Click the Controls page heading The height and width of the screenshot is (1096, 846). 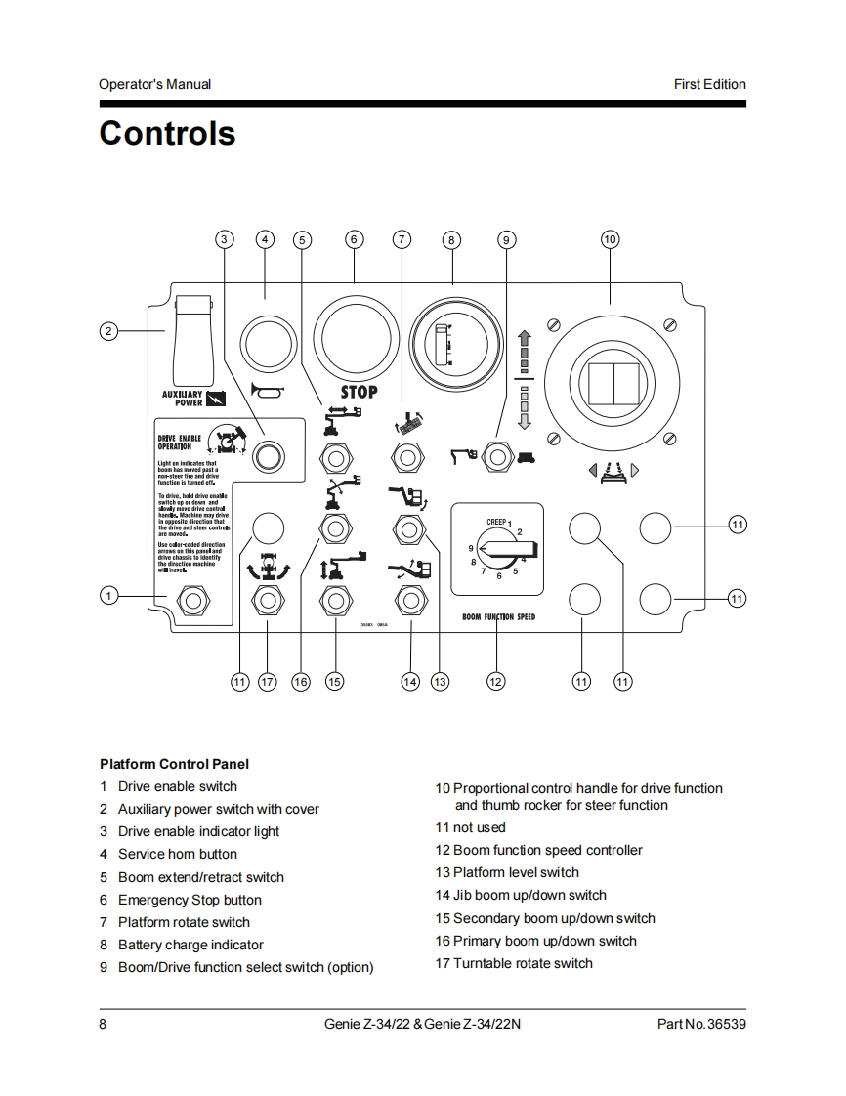[x=167, y=133]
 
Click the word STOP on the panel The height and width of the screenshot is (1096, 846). [x=359, y=392]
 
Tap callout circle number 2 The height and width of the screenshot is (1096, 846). [x=109, y=331]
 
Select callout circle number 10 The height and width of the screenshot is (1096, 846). [x=610, y=239]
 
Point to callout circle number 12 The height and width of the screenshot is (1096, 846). [x=496, y=681]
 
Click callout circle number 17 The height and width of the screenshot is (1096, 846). [x=268, y=681]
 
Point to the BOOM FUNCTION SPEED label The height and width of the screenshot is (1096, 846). [x=498, y=617]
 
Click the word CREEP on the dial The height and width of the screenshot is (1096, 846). [x=496, y=523]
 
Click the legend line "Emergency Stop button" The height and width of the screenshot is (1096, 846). [x=190, y=900]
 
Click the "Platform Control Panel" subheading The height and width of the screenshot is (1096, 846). [x=174, y=764]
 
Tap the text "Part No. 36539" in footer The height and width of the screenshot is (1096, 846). [x=701, y=1024]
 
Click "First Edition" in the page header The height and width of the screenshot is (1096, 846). [x=709, y=84]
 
